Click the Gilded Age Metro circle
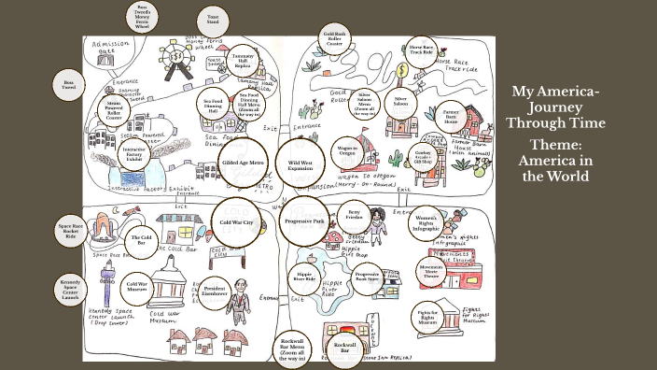click(245, 163)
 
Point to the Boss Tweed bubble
click(68, 84)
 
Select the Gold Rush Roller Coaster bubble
click(334, 38)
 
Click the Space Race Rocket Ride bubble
click(71, 232)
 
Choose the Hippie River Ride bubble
click(305, 276)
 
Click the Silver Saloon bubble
click(401, 100)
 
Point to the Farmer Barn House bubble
click(451, 116)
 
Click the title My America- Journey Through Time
click(556, 107)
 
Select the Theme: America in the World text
click(556, 161)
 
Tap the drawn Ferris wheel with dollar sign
click(175, 58)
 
